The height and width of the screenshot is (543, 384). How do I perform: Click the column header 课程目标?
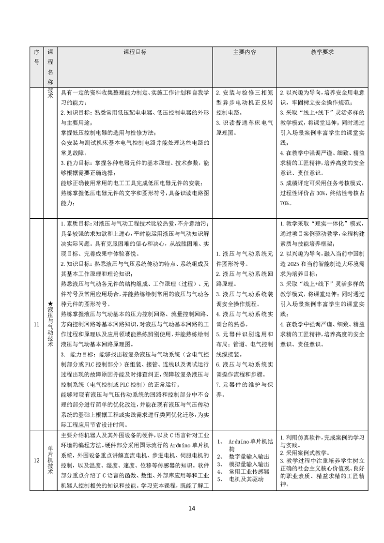pos(135,51)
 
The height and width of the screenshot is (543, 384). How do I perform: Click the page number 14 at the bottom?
pos(192,508)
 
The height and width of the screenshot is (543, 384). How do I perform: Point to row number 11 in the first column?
pos(36,324)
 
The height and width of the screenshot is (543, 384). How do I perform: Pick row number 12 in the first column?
pos(36,460)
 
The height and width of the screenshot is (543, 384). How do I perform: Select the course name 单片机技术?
pos(50,460)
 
